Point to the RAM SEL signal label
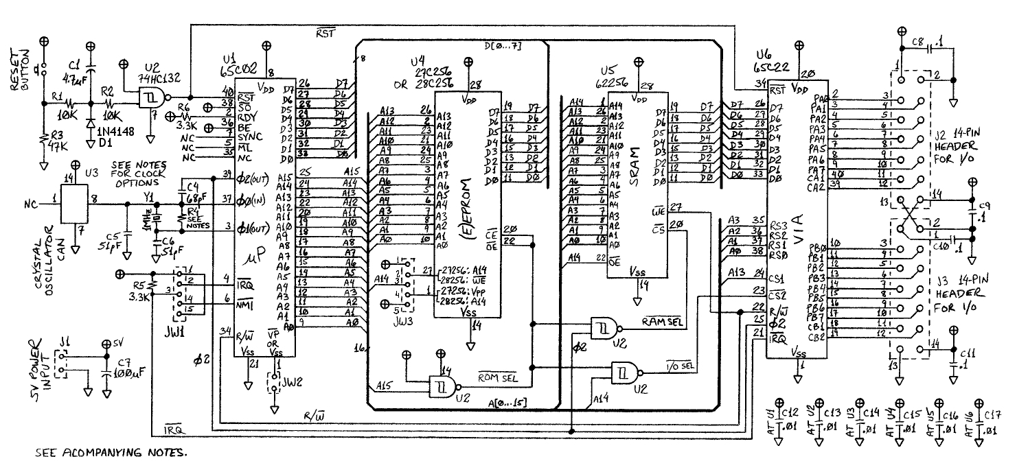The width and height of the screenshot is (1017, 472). pos(661,321)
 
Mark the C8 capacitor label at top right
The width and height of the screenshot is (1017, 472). pos(916,42)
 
